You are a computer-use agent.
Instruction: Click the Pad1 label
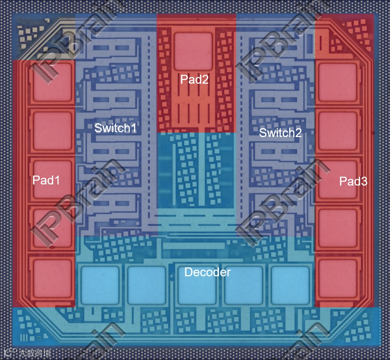46,180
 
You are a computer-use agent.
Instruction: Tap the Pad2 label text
194,79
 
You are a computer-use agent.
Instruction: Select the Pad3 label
353,181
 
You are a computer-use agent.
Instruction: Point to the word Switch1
115,128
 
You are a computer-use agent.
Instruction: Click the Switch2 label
280,133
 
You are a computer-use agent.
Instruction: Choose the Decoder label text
207,272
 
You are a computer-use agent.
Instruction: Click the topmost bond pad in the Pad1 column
52,82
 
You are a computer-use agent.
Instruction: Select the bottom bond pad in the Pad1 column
52,278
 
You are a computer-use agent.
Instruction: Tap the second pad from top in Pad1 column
52,130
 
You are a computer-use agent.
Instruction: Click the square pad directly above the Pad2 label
193,51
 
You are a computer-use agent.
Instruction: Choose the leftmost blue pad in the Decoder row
100,284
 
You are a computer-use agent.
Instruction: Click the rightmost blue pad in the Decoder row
290,284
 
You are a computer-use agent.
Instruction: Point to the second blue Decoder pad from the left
146,284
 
